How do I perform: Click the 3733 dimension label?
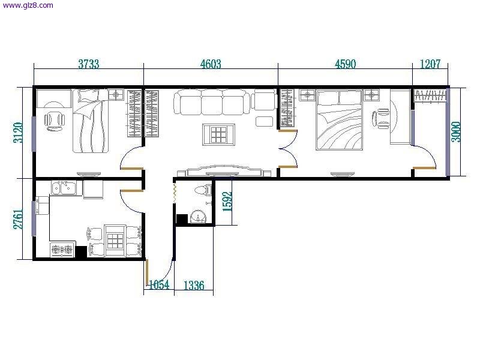pos(89,64)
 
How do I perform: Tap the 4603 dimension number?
pos(211,64)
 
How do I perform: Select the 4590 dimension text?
pos(346,64)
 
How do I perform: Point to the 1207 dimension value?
pos(430,64)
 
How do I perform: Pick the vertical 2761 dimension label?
pos(18,219)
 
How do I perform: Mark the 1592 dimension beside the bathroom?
pos(227,202)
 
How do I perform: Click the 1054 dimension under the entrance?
pos(159,285)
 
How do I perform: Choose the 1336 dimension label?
pos(194,286)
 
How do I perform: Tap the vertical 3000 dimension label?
pos(456,132)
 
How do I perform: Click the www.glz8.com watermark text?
pos(28,5)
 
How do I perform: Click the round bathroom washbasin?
pos(199,217)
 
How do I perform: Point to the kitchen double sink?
pos(64,188)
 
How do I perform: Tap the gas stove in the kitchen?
pos(62,250)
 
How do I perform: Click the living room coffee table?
pos(218,134)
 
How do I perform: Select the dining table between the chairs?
pos(115,241)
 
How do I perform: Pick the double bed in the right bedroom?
pos(339,120)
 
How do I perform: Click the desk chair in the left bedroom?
pos(55,121)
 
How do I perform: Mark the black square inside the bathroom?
pos(182,219)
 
